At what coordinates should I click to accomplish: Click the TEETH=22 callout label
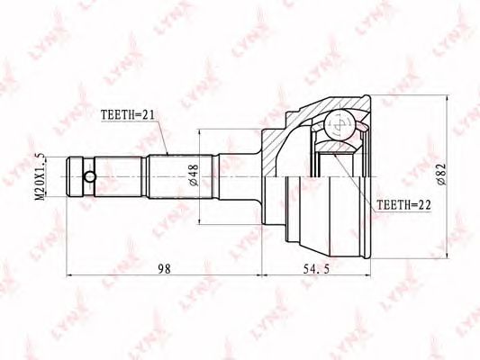pos(403,205)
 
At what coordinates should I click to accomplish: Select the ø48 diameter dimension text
pos(195,175)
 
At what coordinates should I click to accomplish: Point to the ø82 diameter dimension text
pos(442,174)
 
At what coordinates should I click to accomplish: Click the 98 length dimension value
pos(164,269)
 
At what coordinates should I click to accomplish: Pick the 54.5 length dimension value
pos(316,269)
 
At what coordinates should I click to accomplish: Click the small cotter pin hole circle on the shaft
pos(90,176)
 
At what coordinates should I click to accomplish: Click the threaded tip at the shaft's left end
pos(75,176)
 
